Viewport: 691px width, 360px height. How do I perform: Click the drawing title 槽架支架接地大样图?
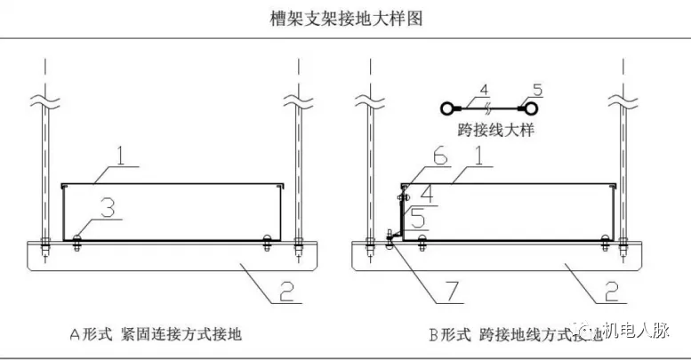[x=345, y=18]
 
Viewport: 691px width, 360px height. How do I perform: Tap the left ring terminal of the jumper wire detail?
[x=447, y=109]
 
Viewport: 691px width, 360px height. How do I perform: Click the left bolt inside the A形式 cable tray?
[x=76, y=237]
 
